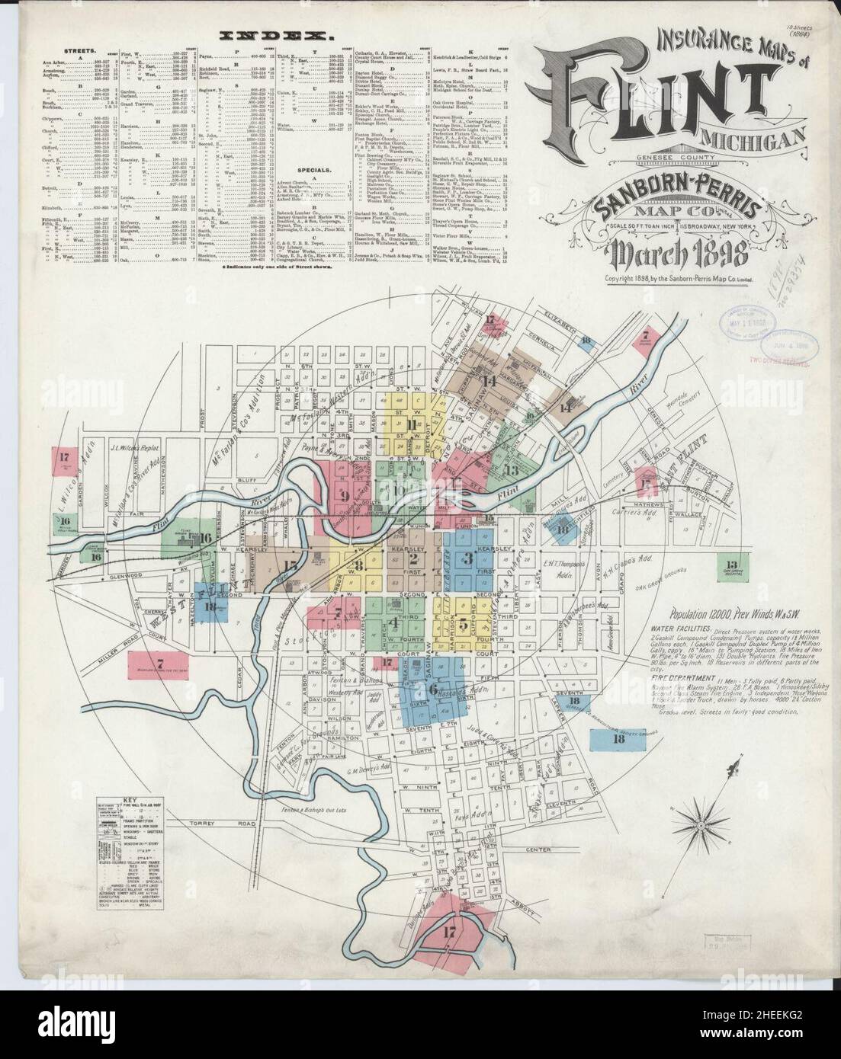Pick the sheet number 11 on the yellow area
pos(412,424)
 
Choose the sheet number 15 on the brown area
pos(290,565)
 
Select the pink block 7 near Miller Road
pos(160,663)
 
